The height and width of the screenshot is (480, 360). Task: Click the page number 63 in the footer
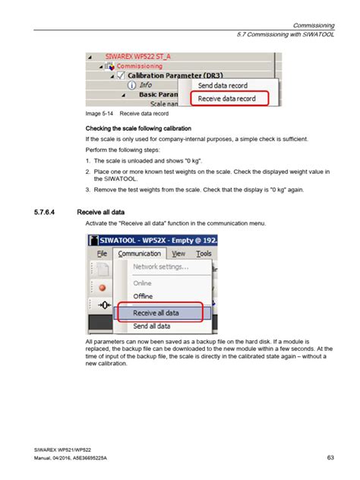point(330,456)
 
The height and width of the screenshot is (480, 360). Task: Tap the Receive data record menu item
point(232,98)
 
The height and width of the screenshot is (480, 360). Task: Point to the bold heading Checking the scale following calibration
point(137,128)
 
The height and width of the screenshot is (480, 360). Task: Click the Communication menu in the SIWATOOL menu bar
point(140,254)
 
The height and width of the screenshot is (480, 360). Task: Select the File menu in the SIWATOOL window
point(102,254)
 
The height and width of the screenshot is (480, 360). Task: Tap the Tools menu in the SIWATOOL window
point(203,254)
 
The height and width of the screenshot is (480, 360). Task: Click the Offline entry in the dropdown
point(143,295)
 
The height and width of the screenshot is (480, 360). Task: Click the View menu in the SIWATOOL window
point(178,254)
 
